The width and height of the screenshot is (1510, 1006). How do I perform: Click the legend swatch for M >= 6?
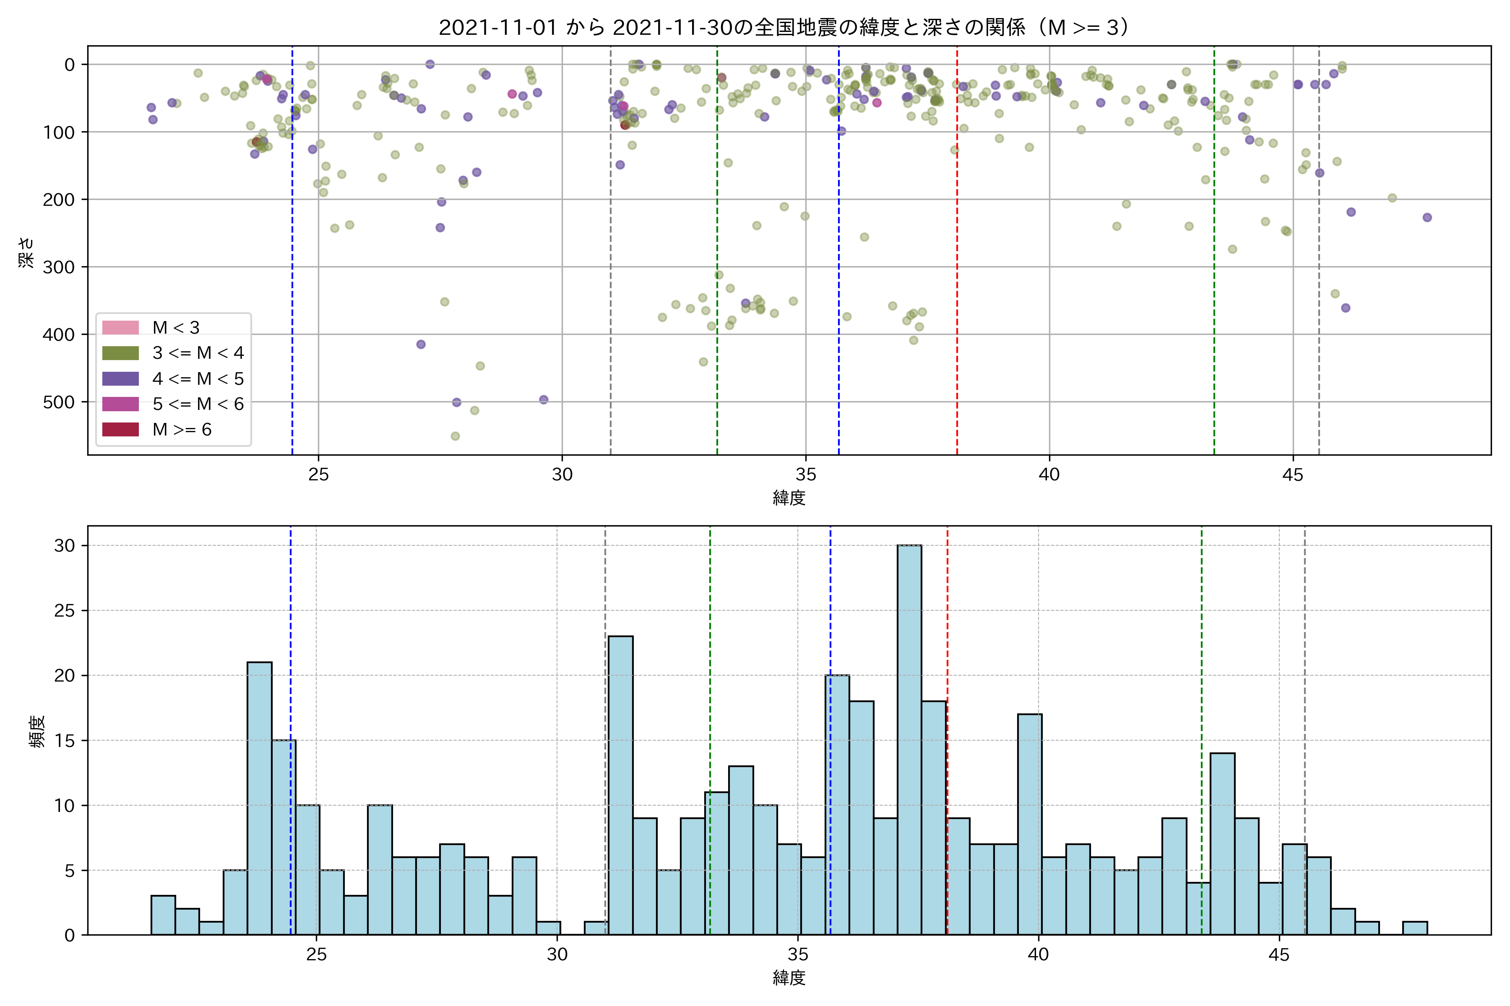pyautogui.click(x=121, y=429)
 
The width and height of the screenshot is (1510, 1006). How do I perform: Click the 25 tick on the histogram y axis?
pyautogui.click(x=64, y=611)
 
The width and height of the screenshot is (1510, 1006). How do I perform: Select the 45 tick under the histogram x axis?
pyautogui.click(x=1279, y=955)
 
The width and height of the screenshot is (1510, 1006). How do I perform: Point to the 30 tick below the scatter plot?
pyautogui.click(x=562, y=475)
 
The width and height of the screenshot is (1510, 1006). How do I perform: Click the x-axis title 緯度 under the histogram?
pyautogui.click(x=789, y=978)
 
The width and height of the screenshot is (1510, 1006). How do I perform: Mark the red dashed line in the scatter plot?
pyautogui.click(x=957, y=257)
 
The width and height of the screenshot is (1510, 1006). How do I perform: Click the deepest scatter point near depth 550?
pyautogui.click(x=455, y=436)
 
